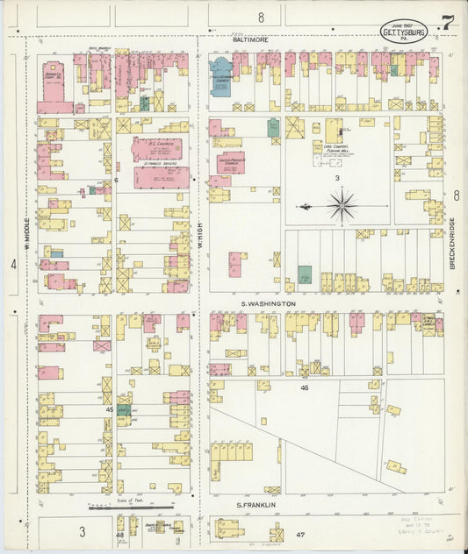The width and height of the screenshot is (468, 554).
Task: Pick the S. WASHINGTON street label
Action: pos(269,304)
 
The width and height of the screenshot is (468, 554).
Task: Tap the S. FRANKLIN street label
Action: pos(256,505)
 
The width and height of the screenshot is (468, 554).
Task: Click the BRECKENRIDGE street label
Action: pos(451,243)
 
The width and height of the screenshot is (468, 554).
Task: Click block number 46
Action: pos(305,387)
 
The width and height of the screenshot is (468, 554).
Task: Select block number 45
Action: pos(110,408)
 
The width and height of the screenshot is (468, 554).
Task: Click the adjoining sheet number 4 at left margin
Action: pos(14,264)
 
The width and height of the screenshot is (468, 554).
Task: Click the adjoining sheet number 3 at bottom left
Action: pos(82,531)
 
